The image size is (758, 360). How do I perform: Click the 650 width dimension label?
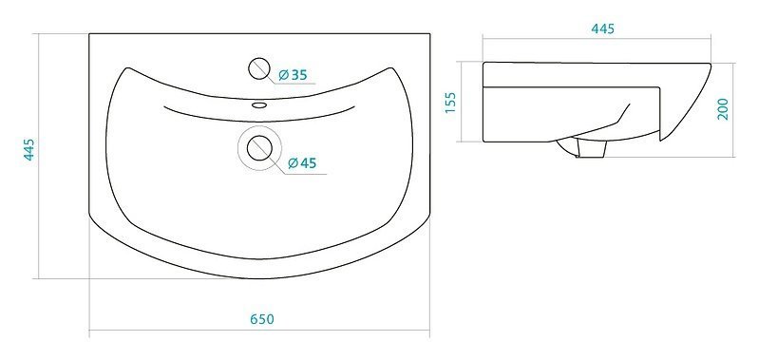coord(262,319)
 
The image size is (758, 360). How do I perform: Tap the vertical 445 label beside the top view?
coord(29,149)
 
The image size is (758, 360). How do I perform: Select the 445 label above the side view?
coord(603,29)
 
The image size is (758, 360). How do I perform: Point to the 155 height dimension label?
coord(450,103)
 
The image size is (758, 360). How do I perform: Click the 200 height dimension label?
coord(723,109)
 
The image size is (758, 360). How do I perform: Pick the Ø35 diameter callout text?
coord(293,75)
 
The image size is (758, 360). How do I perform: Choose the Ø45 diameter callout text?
coord(302,163)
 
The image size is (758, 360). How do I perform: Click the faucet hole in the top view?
coord(259,68)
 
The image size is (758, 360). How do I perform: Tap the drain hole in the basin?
coord(259,148)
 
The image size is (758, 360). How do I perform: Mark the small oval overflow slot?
coord(259,104)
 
